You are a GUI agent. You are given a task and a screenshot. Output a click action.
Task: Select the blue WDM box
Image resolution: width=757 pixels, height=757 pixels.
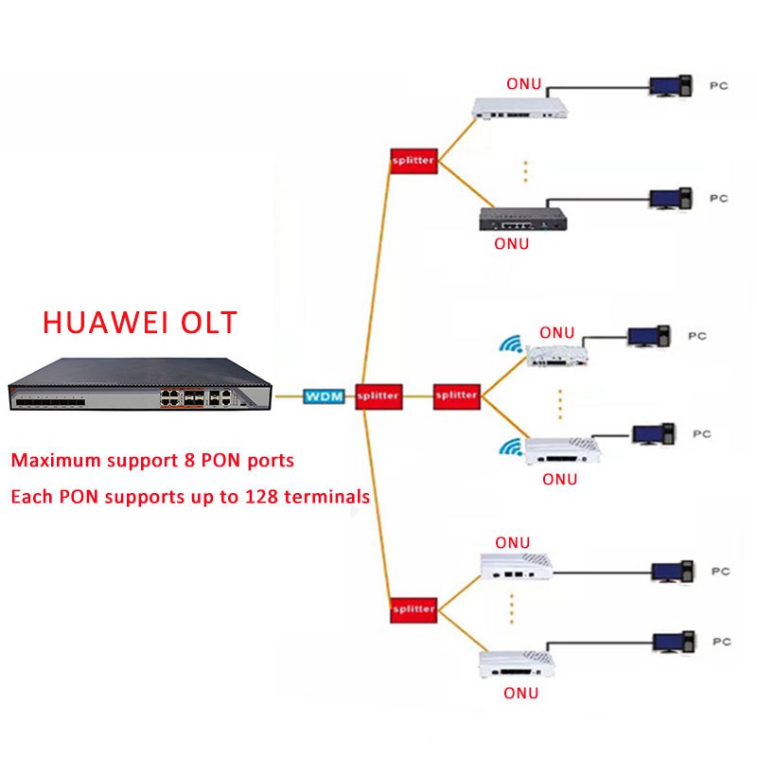coord(323,395)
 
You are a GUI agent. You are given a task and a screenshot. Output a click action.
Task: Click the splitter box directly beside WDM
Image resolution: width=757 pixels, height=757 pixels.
coord(378,395)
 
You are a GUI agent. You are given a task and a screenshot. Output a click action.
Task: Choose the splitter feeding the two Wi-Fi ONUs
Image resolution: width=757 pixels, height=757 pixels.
coord(456,395)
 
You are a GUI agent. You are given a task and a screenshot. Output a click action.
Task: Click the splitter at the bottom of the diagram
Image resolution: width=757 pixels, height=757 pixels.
coord(413,608)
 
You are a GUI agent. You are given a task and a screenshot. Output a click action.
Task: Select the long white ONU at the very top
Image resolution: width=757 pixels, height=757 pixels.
coord(520,109)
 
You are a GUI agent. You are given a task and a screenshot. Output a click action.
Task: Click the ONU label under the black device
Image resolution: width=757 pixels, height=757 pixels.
coord(512,243)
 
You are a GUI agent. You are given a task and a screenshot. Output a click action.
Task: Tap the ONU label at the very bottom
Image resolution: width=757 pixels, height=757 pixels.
coord(520,693)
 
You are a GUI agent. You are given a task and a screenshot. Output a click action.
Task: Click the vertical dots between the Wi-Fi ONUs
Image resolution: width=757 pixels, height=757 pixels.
coord(559,404)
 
